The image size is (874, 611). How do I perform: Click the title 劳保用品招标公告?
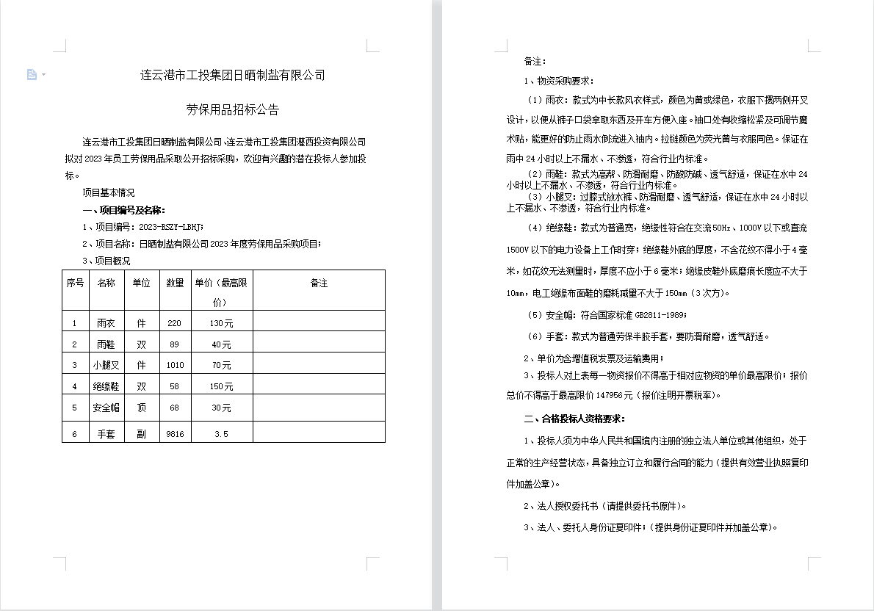[232, 110]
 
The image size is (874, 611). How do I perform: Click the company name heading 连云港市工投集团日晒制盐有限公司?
[232, 75]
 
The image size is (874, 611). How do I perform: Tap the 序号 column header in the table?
[75, 283]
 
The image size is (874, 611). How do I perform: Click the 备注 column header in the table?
[319, 283]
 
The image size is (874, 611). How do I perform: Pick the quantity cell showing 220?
[174, 323]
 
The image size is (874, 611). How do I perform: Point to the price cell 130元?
[221, 323]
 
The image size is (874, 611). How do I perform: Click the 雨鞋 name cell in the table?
[106, 344]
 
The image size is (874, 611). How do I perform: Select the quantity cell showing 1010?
[175, 365]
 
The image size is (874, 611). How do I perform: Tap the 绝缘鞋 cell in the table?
[106, 386]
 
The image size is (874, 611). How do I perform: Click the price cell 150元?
[221, 386]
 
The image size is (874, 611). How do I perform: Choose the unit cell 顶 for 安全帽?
[141, 408]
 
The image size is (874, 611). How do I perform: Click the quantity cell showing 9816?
[175, 434]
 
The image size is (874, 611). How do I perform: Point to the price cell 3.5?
[221, 434]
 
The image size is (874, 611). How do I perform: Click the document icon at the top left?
[32, 74]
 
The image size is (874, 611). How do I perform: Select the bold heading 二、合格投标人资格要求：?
[574, 419]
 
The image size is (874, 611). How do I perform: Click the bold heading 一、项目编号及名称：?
[129, 210]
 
